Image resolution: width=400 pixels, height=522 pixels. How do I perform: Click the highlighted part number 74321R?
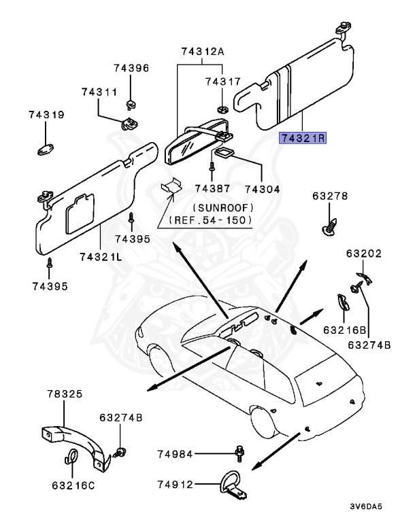303,137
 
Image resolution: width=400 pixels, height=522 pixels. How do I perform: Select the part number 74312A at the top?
203,52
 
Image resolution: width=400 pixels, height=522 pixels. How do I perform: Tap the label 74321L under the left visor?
101,256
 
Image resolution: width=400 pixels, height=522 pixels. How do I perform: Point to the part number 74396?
131,69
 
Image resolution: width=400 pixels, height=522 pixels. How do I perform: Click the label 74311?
99,92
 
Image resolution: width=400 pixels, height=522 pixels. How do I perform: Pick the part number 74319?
46,115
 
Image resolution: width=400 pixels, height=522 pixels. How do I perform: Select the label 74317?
223,82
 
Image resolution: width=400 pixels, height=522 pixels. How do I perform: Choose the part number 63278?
330,196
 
